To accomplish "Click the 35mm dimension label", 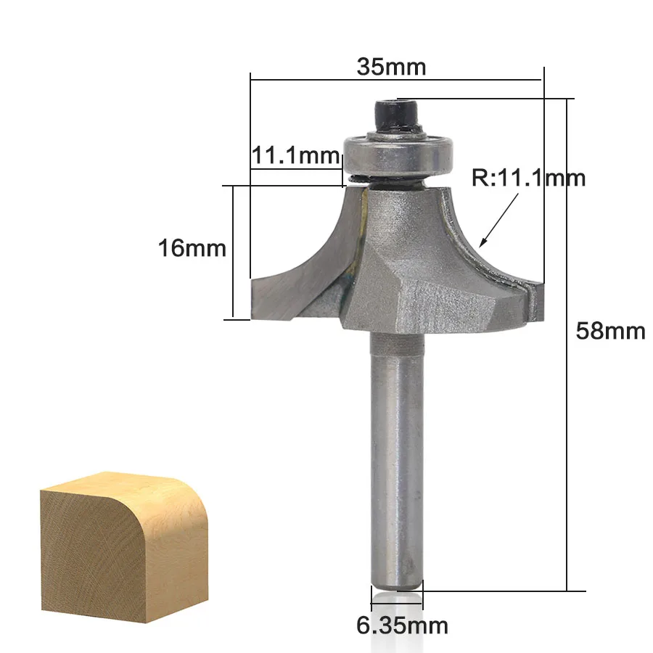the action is tap(392, 67).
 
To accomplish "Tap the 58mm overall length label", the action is tap(610, 332).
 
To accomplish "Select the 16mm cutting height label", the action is tap(192, 248).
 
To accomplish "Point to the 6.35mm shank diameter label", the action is tap(402, 625).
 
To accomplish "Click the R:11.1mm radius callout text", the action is tap(528, 178).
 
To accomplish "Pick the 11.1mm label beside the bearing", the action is tap(295, 156).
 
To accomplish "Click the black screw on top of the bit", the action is tap(397, 115).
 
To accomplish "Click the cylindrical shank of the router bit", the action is tap(398, 458).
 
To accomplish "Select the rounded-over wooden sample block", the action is tap(124, 547).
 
